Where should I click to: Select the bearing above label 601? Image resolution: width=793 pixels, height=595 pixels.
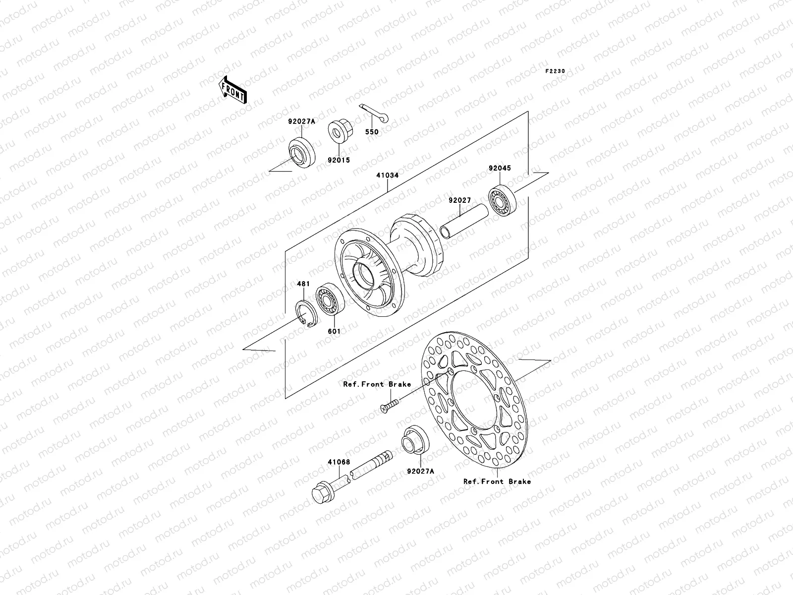point(328,299)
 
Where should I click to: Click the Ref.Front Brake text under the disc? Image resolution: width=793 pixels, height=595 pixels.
point(497,481)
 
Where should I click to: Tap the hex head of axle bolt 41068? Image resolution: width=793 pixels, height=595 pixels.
point(322,492)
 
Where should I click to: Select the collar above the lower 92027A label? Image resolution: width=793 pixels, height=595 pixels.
point(415,440)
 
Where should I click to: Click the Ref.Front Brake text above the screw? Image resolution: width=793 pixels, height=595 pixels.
point(377,384)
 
